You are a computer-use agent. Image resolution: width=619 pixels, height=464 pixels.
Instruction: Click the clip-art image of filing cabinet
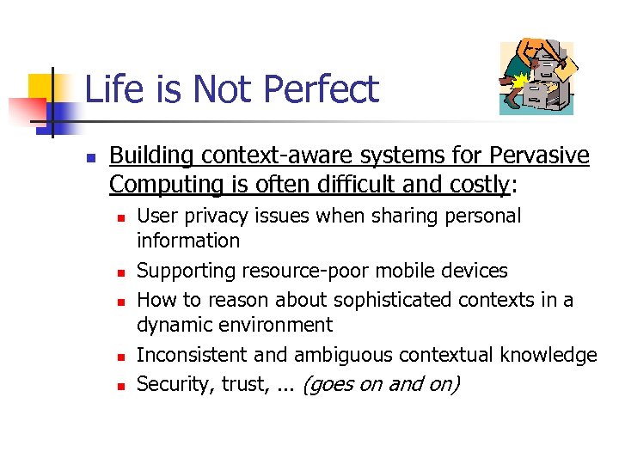(536, 78)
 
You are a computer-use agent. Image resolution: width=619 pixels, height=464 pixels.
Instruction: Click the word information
(188, 242)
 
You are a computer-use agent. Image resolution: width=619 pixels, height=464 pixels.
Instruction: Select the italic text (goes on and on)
(382, 384)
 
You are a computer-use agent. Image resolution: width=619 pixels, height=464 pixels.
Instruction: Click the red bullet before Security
(121, 387)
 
